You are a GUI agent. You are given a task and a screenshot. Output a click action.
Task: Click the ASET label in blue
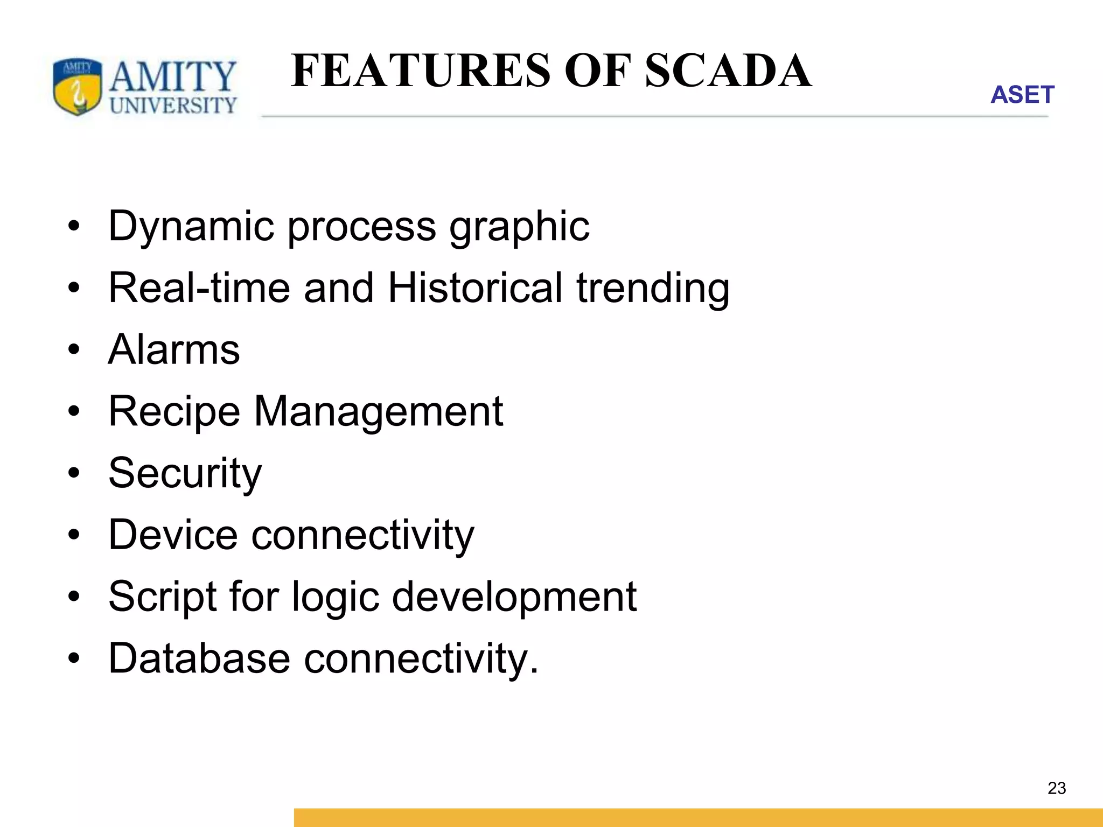(x=1022, y=95)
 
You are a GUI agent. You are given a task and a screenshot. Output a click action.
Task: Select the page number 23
(x=1057, y=788)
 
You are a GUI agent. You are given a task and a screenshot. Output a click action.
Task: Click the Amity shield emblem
(x=77, y=86)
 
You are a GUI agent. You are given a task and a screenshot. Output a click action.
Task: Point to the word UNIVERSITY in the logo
(x=173, y=105)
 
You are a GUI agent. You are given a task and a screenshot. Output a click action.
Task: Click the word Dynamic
(x=191, y=227)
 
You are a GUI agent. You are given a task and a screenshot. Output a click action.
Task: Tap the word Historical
(x=475, y=288)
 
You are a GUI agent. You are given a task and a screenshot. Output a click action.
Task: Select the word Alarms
(x=174, y=350)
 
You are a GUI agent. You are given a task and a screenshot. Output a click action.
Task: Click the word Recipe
(x=174, y=412)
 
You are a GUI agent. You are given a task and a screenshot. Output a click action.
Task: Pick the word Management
(x=378, y=412)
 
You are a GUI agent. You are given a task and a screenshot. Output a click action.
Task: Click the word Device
(x=173, y=535)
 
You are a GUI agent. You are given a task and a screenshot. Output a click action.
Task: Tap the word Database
(x=199, y=658)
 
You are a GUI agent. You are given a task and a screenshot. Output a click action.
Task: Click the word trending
(x=653, y=289)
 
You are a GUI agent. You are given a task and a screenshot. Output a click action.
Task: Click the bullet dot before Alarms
(x=74, y=351)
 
